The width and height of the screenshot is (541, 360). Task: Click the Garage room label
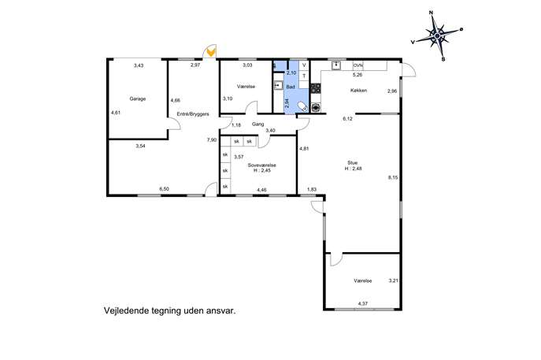(137, 98)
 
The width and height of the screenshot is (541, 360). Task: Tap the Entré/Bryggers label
(193, 114)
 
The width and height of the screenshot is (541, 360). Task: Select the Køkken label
(358, 91)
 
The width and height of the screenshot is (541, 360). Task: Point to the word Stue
(352, 162)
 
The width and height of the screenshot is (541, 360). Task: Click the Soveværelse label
(262, 165)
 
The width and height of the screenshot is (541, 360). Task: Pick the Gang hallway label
(258, 124)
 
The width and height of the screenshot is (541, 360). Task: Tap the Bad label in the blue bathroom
(291, 87)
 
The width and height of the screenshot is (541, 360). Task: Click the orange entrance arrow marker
(211, 53)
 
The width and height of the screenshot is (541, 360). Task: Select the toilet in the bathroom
(302, 106)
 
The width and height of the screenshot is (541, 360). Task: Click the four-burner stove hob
(315, 88)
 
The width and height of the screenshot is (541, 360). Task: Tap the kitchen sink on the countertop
(336, 65)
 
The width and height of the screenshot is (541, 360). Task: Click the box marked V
(304, 65)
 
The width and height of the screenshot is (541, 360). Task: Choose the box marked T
(304, 76)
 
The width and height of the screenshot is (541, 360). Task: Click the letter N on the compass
(431, 13)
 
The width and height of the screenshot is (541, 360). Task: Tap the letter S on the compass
(443, 59)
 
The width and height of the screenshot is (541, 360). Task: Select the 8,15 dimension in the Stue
(393, 178)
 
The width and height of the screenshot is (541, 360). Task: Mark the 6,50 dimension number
(165, 189)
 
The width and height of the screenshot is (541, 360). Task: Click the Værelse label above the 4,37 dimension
(363, 281)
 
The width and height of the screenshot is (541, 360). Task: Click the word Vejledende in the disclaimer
(125, 311)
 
